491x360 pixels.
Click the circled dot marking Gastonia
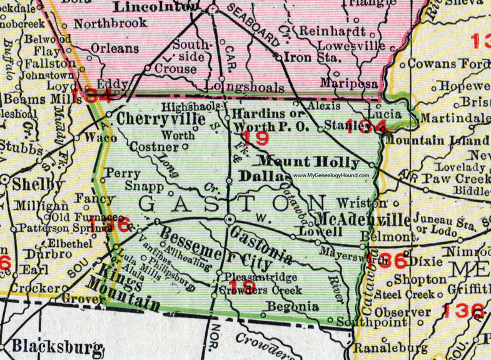point(230,219)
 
